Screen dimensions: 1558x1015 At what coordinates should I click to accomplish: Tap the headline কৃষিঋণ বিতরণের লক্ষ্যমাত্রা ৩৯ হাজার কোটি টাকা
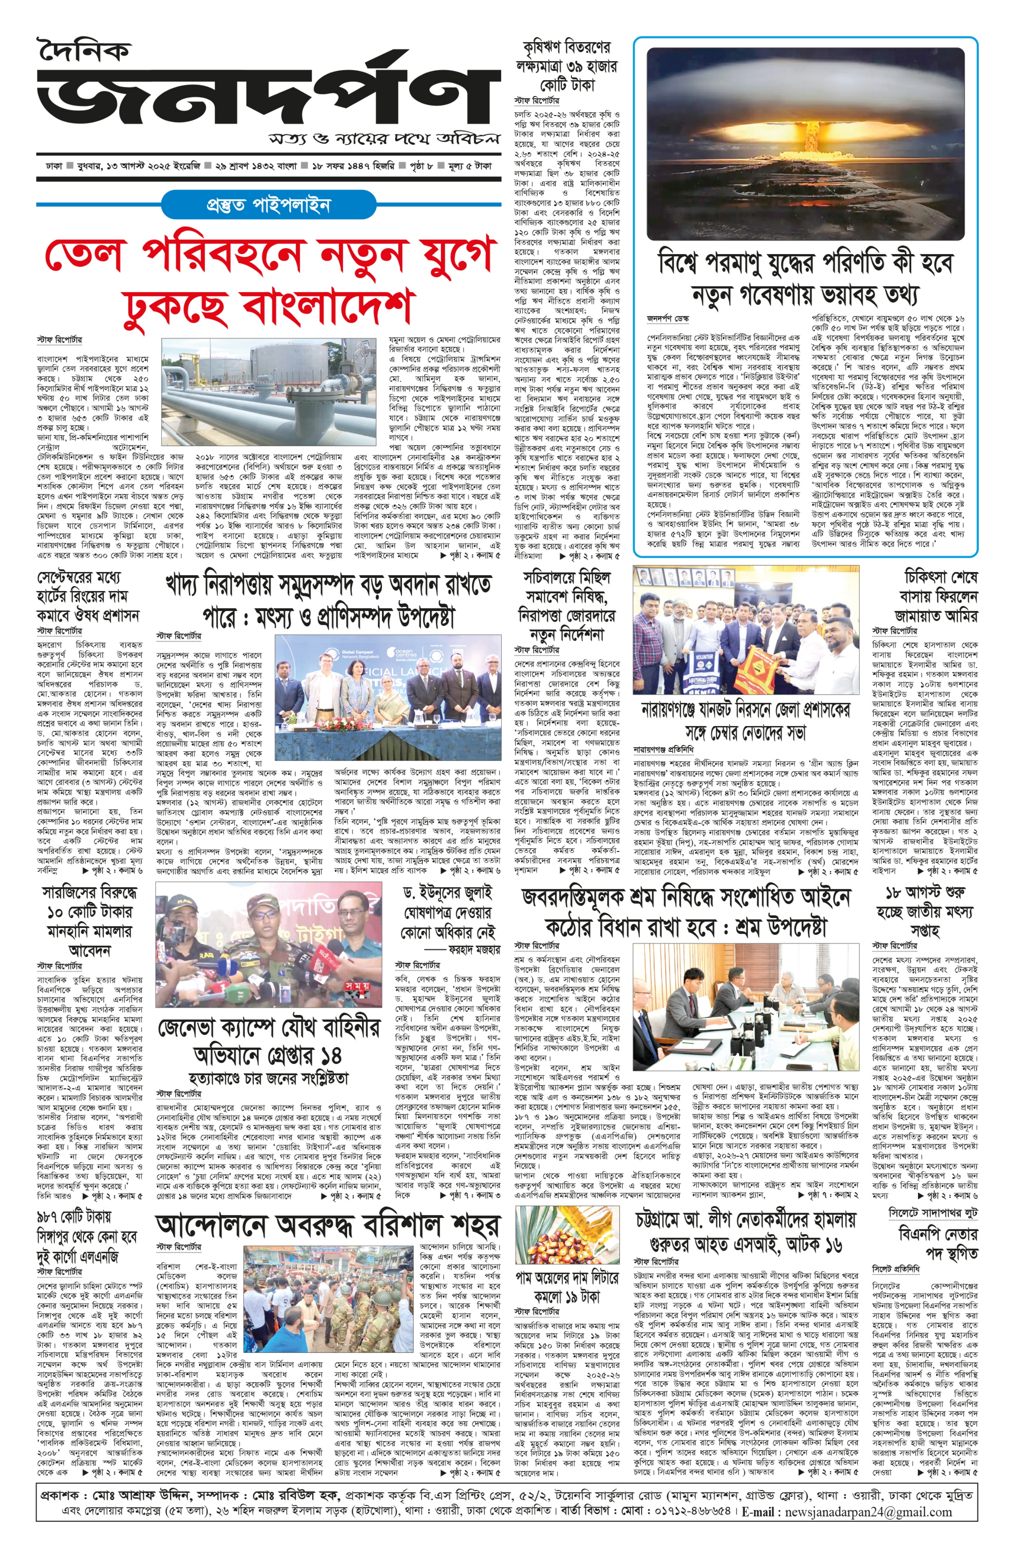click(566, 66)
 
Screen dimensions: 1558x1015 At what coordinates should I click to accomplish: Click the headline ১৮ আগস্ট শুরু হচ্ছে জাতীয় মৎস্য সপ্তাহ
click(924, 911)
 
